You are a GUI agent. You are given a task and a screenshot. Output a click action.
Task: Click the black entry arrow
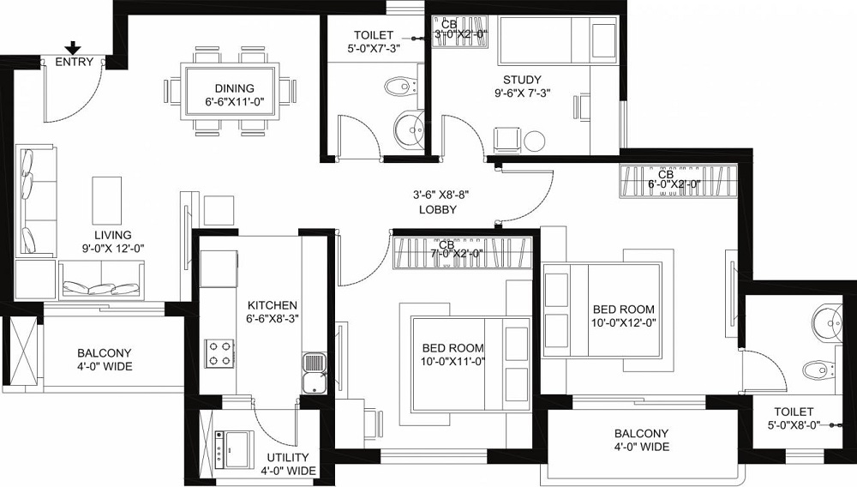(x=75, y=48)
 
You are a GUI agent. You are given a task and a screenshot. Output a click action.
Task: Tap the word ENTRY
(x=75, y=63)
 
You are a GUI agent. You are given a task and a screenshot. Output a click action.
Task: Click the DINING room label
(x=234, y=87)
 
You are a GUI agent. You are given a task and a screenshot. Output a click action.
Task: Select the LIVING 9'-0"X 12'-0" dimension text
(x=113, y=249)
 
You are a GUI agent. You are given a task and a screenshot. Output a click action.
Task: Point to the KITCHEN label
(x=273, y=305)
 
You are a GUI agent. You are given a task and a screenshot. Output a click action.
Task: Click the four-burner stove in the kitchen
(x=219, y=353)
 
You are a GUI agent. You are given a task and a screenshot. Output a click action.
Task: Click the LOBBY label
(x=438, y=210)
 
